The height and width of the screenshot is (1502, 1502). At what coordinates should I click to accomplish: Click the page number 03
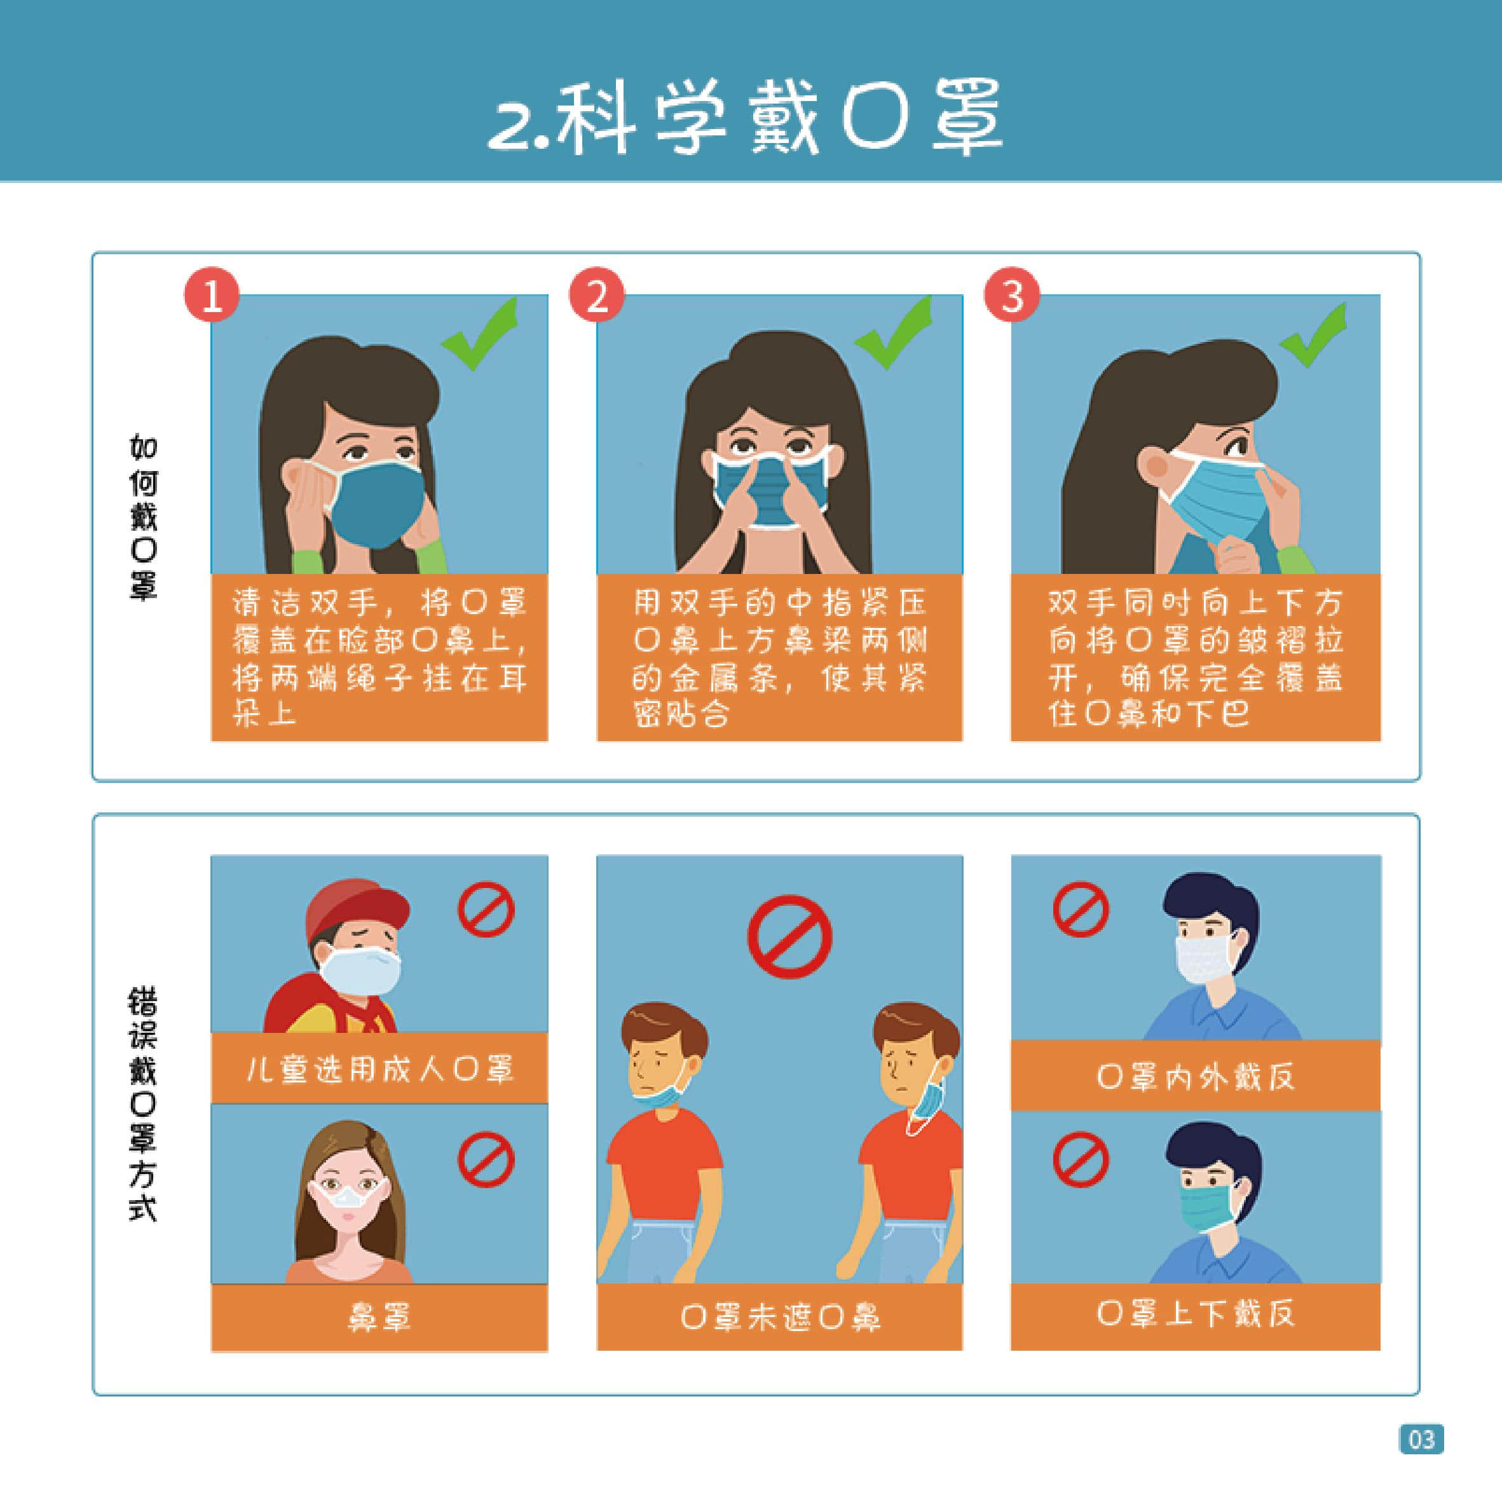(1421, 1439)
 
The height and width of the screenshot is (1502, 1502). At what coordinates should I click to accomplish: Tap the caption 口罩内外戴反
(1196, 1077)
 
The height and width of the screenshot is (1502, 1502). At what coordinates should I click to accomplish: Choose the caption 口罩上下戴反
(1196, 1314)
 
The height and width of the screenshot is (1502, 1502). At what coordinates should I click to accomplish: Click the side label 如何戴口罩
(143, 517)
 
